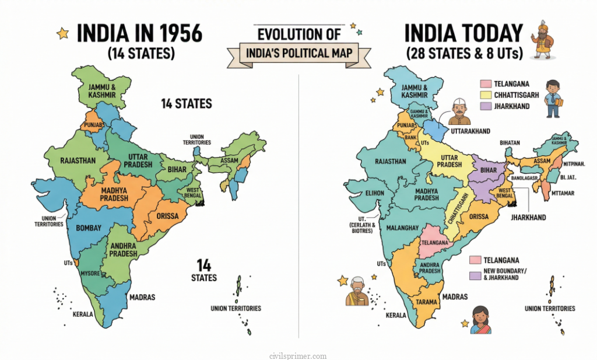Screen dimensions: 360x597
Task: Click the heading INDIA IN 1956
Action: tap(139, 33)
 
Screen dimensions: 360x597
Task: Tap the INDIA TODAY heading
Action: tap(463, 33)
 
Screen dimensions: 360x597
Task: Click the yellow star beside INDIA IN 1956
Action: tap(62, 34)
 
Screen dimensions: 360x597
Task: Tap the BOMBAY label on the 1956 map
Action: tap(89, 228)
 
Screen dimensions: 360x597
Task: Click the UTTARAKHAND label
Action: tap(470, 131)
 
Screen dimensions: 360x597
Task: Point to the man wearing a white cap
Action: tap(460, 112)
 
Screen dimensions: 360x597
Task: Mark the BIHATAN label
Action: tap(509, 142)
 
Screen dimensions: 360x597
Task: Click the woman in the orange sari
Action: tap(481, 320)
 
